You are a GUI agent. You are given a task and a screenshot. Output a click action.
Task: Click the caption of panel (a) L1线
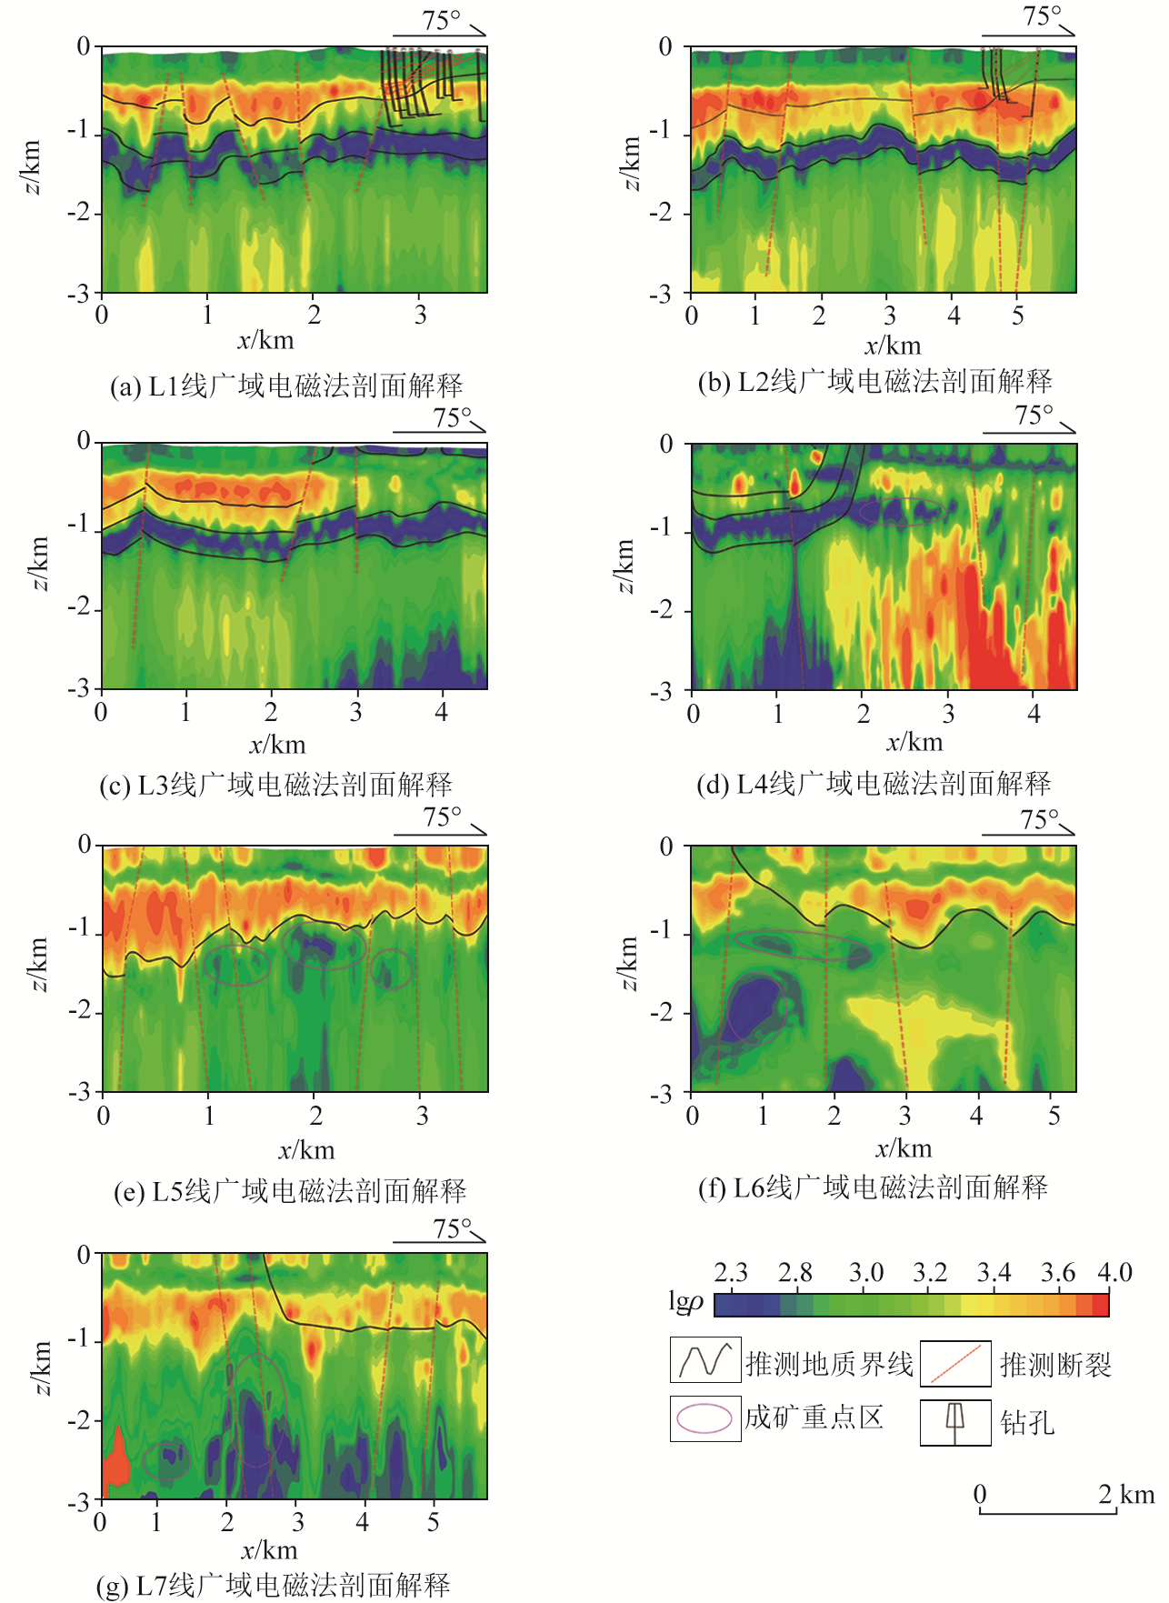[x=286, y=386]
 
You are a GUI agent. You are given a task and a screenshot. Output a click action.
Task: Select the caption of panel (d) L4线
[x=874, y=784]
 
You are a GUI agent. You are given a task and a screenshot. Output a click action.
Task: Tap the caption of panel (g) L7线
[x=274, y=1586]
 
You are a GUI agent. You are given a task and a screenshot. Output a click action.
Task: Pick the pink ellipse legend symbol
[x=704, y=1418]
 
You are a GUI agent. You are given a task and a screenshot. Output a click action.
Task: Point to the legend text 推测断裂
[x=1055, y=1365]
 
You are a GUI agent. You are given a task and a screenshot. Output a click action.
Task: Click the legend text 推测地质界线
[x=829, y=1364]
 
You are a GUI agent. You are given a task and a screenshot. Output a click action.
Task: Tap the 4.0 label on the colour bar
[x=1114, y=1272]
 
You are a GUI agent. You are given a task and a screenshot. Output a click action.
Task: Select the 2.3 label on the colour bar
[x=730, y=1272]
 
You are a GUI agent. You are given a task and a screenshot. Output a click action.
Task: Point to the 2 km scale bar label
[x=1125, y=1494]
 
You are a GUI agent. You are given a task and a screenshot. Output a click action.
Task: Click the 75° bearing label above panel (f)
[x=1040, y=820]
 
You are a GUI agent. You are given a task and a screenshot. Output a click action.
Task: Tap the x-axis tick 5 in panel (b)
[x=1017, y=316]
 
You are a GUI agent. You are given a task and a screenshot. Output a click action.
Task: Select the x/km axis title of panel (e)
[x=306, y=1150]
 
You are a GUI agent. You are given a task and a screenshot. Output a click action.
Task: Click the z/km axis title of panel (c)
[x=39, y=564]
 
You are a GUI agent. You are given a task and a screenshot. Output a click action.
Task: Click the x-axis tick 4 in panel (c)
[x=441, y=713]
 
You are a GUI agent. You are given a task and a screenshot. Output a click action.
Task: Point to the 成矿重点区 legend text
[x=814, y=1418]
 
